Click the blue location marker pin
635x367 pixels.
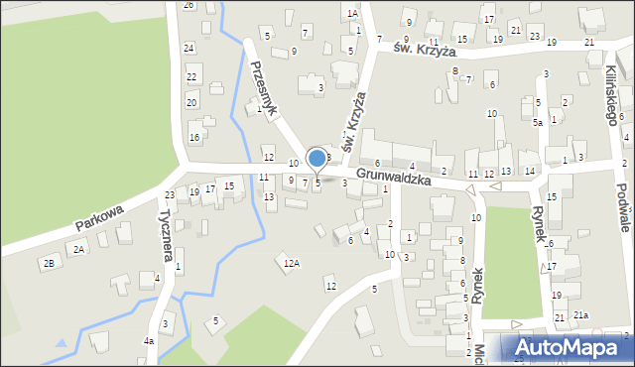pyautogui.click(x=317, y=159)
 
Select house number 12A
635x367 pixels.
pyautogui.click(x=291, y=263)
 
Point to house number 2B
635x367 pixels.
pyautogui.click(x=48, y=263)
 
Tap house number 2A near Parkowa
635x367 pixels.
pyautogui.click(x=79, y=250)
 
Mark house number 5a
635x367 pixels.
pyautogui.click(x=537, y=123)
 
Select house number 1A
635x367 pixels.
pyautogui.click(x=352, y=14)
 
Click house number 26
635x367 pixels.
pyautogui.click(x=189, y=5)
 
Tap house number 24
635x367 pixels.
pyautogui.click(x=189, y=48)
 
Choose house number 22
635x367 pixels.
pyautogui.click(x=191, y=76)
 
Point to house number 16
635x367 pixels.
pyautogui.click(x=194, y=137)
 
